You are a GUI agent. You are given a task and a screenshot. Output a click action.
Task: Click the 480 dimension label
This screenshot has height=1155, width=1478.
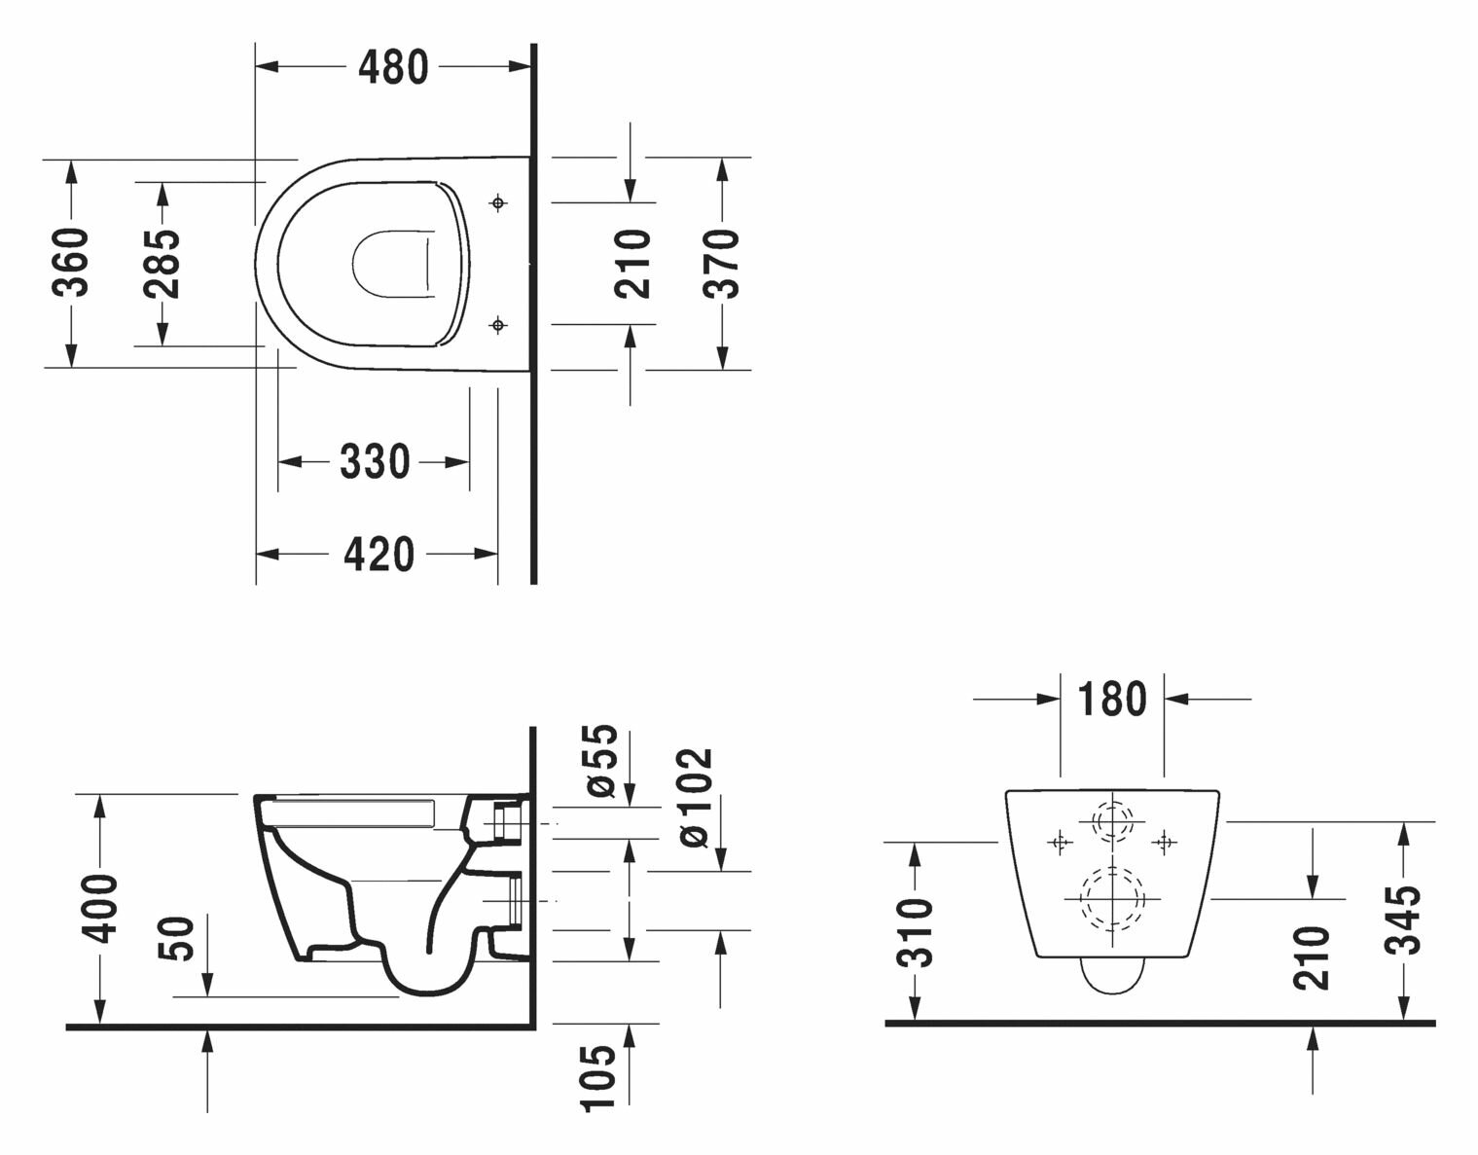393,67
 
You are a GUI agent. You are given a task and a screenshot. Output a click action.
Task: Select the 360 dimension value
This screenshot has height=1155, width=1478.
71,263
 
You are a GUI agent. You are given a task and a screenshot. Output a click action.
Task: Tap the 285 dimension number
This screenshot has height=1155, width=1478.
162,264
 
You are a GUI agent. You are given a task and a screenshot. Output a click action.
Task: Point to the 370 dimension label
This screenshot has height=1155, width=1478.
721,264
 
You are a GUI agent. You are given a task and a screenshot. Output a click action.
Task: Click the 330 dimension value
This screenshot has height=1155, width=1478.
375,462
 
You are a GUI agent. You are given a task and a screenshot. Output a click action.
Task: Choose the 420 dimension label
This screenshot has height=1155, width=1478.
379,554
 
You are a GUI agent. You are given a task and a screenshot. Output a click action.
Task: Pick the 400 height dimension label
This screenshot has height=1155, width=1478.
99,909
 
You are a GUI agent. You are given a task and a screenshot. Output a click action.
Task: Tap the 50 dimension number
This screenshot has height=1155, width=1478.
176,938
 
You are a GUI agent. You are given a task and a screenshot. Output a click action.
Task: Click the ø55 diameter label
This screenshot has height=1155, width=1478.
600,760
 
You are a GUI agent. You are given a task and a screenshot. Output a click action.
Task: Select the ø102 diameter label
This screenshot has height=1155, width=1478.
696,797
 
